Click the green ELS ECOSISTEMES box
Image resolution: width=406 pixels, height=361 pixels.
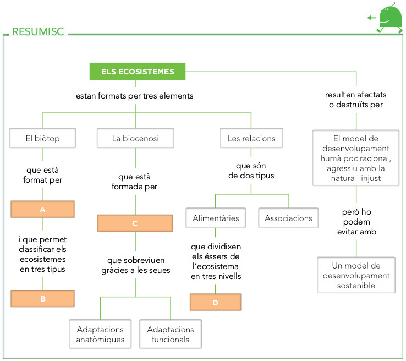click(x=137, y=72)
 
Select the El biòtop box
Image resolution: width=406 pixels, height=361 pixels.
click(x=42, y=138)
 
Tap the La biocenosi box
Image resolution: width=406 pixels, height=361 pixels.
click(x=135, y=138)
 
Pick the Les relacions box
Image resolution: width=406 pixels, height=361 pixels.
click(x=251, y=138)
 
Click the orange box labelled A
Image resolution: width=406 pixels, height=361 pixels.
click(x=42, y=210)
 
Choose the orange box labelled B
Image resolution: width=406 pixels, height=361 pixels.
click(x=42, y=298)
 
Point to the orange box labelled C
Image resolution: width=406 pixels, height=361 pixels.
click(x=135, y=223)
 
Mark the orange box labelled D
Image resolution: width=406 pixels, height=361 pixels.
click(x=216, y=302)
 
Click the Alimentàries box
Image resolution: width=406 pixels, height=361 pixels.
click(x=216, y=218)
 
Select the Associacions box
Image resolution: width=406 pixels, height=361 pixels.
click(x=288, y=218)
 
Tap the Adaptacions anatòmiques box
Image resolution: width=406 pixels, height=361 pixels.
click(x=101, y=334)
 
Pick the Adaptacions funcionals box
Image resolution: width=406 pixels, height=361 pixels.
click(x=171, y=334)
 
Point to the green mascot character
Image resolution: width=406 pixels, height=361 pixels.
click(x=390, y=18)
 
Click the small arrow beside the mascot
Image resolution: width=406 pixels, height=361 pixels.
click(x=371, y=18)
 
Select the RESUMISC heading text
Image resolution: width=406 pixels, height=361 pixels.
click(x=38, y=32)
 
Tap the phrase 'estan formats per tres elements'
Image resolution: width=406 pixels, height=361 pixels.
click(x=135, y=96)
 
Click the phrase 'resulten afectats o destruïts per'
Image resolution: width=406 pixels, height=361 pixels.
click(x=356, y=100)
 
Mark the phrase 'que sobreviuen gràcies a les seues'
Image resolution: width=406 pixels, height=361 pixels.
click(x=135, y=265)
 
